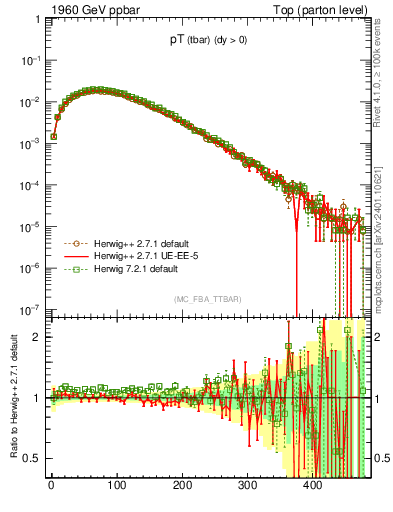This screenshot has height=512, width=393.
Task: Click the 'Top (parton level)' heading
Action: coord(326,11)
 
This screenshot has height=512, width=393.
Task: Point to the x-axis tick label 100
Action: coord(116,489)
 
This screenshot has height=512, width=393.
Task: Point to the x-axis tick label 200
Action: coord(182,489)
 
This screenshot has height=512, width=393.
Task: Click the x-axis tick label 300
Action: coord(247,489)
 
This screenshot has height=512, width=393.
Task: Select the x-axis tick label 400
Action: coord(312,489)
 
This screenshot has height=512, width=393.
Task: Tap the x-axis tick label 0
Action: coord(51,489)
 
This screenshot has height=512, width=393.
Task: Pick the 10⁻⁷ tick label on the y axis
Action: coord(32,309)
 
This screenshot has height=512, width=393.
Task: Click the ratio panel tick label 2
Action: coord(38,337)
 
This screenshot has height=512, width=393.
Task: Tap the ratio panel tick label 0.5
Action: coord(34,458)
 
